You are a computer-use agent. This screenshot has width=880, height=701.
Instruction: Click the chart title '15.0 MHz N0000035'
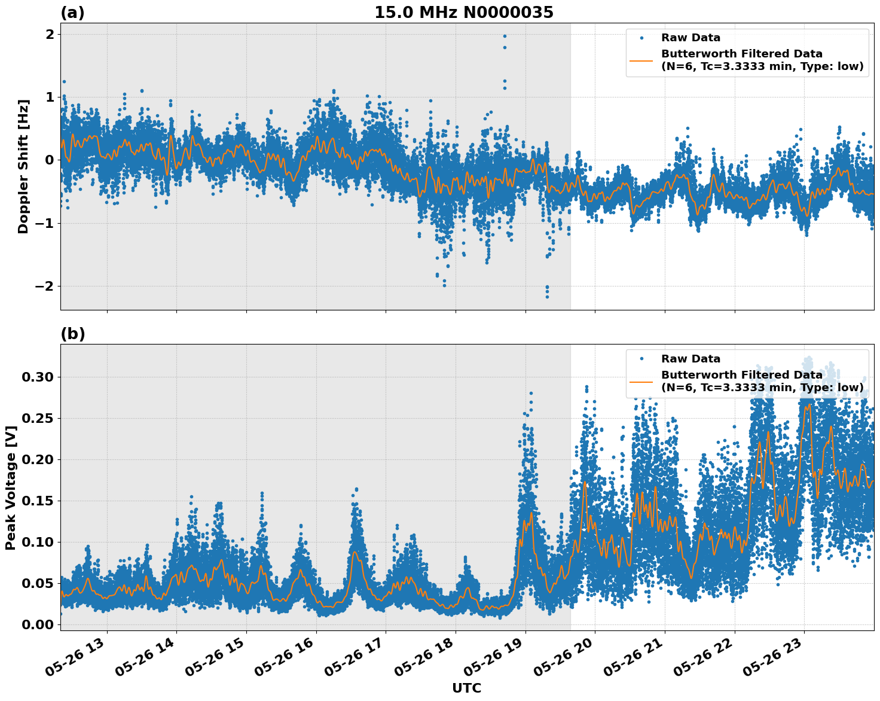(464, 13)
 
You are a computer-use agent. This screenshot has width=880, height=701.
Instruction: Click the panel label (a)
(72, 13)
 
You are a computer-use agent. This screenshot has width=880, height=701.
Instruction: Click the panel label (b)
(72, 334)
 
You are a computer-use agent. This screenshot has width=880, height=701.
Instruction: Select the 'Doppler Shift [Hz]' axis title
(23, 166)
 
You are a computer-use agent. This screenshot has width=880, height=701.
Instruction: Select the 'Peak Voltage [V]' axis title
(10, 487)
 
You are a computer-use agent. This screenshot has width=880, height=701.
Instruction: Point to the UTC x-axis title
(466, 688)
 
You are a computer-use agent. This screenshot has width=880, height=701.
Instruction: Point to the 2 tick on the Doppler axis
(50, 34)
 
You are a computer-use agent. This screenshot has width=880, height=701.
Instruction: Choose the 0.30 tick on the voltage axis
(38, 377)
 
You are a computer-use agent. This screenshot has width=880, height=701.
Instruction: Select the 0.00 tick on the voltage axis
(38, 624)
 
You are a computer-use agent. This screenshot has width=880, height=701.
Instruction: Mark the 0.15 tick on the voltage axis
(38, 501)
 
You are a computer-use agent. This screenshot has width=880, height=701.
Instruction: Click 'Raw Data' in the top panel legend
(690, 38)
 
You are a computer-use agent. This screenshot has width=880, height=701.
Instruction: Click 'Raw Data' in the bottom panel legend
(690, 359)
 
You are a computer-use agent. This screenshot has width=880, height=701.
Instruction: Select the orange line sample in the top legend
(641, 60)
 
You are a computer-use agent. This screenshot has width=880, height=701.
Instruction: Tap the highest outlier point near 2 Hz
(505, 36)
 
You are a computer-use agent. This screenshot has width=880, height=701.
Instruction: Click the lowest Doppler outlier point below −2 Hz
(547, 297)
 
